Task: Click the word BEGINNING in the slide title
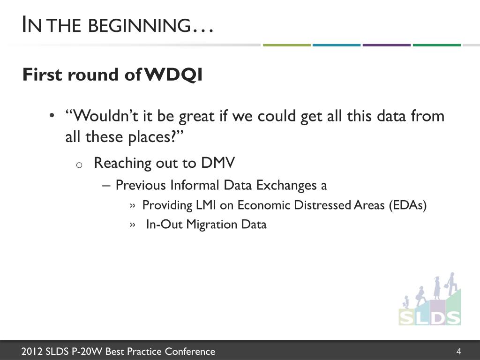point(140,25)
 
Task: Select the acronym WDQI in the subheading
point(173,75)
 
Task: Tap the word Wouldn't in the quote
point(102,116)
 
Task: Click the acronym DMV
point(218,163)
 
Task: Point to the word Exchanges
point(286,186)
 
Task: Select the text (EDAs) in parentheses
point(408,205)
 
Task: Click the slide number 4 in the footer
point(458,351)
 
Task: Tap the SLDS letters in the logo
point(430,318)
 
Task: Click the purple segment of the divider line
point(387,45)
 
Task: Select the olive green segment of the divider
point(287,45)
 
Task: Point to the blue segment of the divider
point(337,45)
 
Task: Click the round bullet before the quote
point(52,116)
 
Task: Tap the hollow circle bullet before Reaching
point(79,165)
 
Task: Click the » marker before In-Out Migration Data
point(133,225)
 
